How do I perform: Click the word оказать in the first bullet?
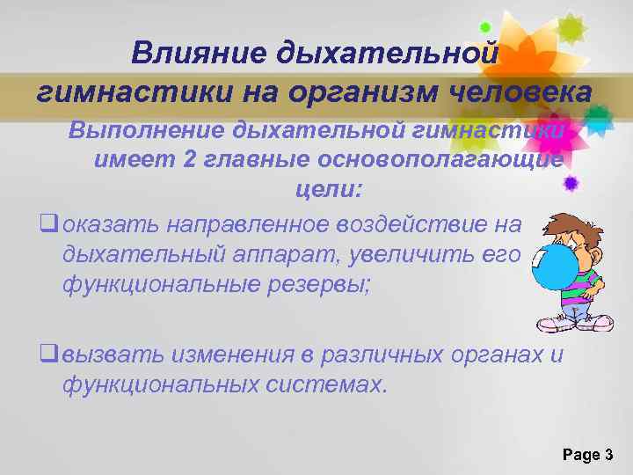pos(111,224)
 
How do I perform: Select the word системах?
pos(328,384)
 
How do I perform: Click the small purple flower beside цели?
pos(571,184)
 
